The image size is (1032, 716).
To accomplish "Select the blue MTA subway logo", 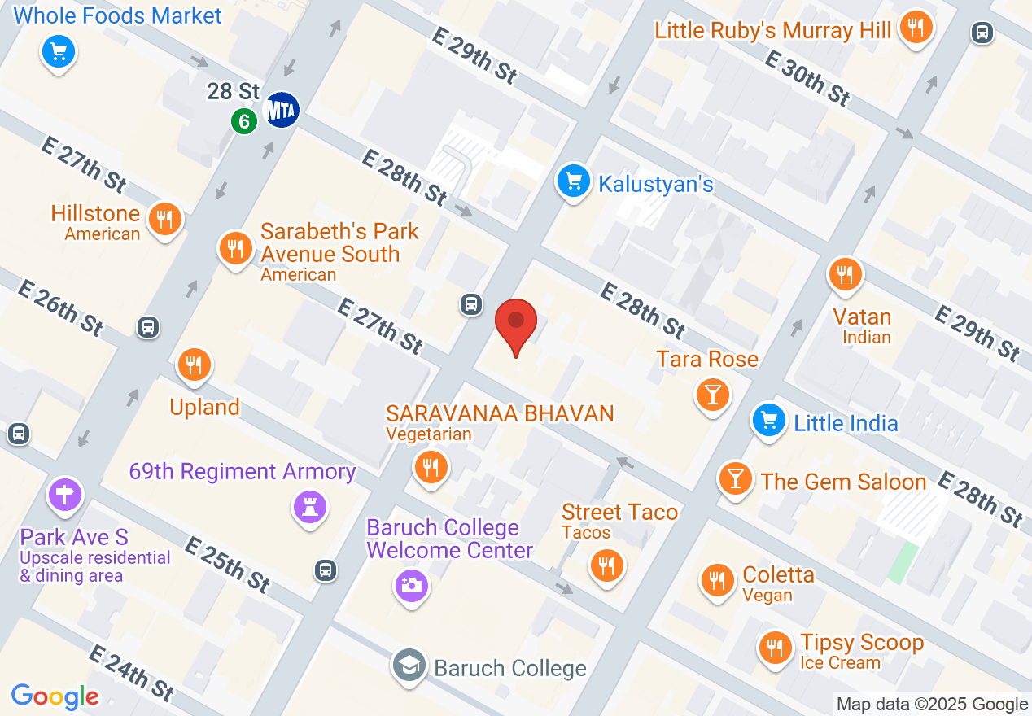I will [x=281, y=109].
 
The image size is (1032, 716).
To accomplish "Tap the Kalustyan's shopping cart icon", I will [x=574, y=181].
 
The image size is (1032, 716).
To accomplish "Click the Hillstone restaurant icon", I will [x=165, y=218].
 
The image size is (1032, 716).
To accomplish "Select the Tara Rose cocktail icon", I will [x=713, y=395].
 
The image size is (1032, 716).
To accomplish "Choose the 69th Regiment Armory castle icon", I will [x=310, y=507].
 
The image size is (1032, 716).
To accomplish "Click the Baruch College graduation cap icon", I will [x=409, y=666].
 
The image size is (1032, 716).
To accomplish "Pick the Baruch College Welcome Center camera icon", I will [x=412, y=584].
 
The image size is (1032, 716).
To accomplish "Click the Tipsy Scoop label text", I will [x=862, y=643].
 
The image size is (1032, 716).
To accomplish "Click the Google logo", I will [x=55, y=696].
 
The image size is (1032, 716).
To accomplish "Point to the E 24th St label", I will [x=130, y=673].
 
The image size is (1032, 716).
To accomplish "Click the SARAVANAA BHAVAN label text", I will [x=500, y=413].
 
